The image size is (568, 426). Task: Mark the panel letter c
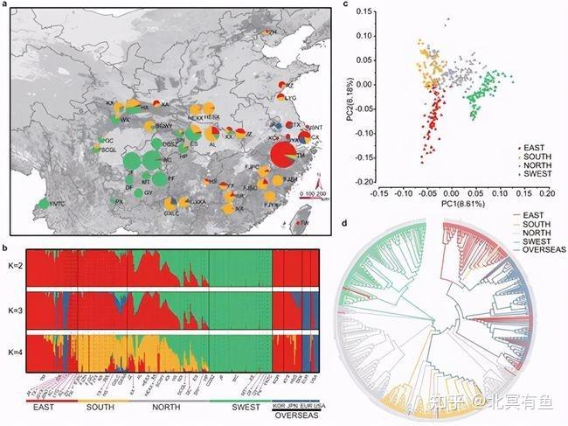tap(349, 5)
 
